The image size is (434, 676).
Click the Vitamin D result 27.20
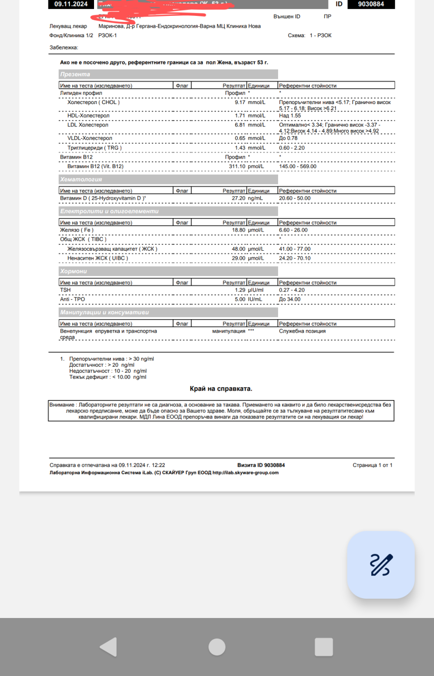(x=239, y=198)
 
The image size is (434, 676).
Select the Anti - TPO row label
(x=73, y=299)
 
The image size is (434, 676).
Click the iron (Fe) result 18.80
(x=239, y=230)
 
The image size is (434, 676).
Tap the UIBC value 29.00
(x=239, y=259)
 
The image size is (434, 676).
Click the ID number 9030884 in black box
(x=372, y=4)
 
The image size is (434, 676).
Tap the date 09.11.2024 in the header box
(x=71, y=4)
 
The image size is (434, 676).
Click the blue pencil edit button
(x=381, y=565)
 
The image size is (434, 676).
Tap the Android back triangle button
(x=108, y=647)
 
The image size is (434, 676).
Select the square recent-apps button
(x=324, y=647)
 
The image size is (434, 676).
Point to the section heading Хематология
(x=81, y=179)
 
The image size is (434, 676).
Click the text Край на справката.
(x=221, y=389)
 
